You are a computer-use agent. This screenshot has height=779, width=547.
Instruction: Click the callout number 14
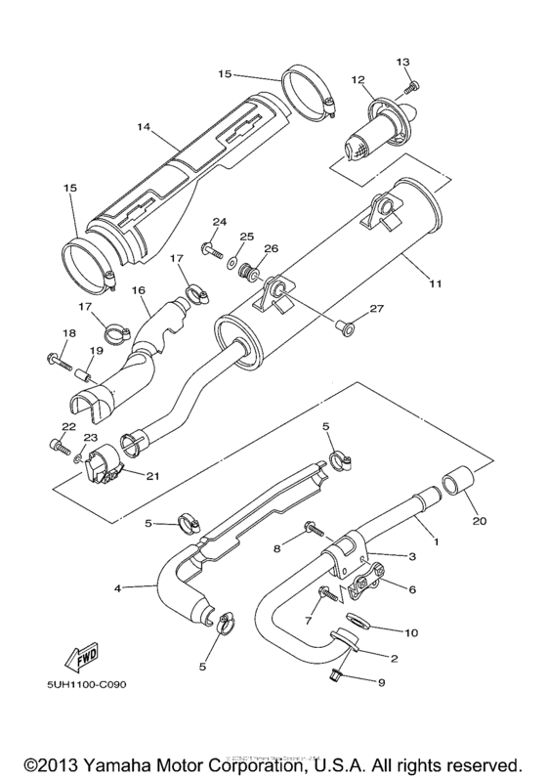click(145, 127)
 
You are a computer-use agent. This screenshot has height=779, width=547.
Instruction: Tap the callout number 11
click(436, 284)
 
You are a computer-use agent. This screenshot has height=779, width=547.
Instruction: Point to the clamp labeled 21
click(105, 465)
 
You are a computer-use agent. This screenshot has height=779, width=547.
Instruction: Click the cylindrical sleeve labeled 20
click(459, 483)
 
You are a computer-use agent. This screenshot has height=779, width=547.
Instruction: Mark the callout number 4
click(117, 588)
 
